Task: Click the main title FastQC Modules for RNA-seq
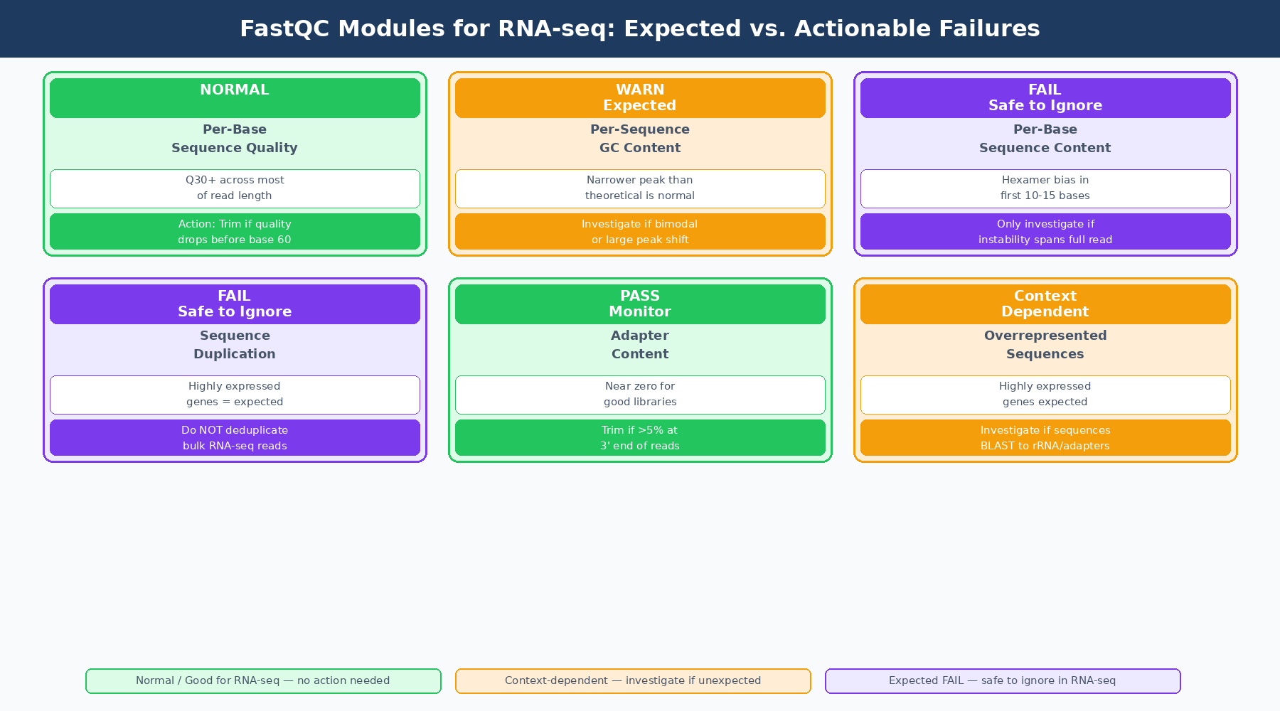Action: pos(639,28)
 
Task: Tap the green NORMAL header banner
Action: pos(235,97)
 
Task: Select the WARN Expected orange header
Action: pos(640,97)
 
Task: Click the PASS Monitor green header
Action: pos(640,304)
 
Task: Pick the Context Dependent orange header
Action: pos(1045,304)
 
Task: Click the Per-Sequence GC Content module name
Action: pos(640,139)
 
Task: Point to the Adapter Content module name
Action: pos(640,345)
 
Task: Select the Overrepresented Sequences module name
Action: pos(1045,345)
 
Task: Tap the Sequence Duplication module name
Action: pos(235,345)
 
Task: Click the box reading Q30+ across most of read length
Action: pos(235,188)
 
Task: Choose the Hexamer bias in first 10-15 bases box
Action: pos(1045,188)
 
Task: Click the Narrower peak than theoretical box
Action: pos(640,188)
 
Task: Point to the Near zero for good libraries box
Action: pos(640,395)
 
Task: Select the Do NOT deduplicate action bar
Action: pos(235,438)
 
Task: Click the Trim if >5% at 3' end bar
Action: pos(640,438)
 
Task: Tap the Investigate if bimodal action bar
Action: pos(640,232)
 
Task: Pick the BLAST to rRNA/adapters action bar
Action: pos(1045,438)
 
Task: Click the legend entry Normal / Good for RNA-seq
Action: pos(263,681)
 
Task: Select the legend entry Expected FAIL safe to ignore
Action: pos(1003,681)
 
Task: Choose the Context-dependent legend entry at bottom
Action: pos(633,681)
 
